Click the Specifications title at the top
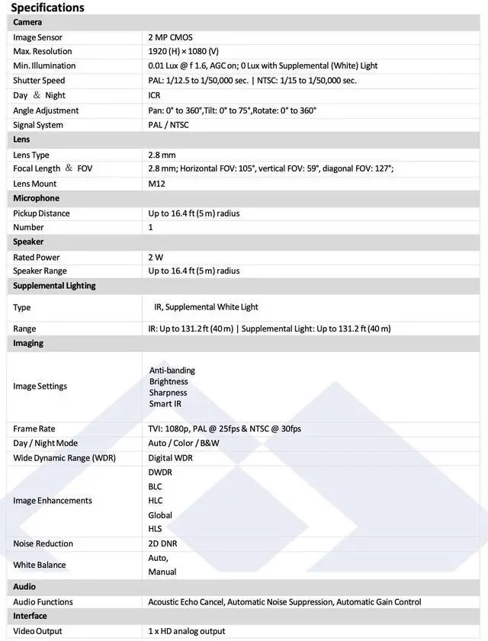(47, 8)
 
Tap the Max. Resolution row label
(43, 51)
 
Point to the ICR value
(155, 95)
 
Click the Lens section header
(21, 139)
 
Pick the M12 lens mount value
(156, 184)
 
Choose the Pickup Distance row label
(41, 213)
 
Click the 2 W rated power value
(156, 258)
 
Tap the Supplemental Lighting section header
(54, 286)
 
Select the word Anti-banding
(172, 370)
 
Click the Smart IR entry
(165, 404)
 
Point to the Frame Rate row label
(34, 429)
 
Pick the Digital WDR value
(170, 458)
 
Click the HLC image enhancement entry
(156, 501)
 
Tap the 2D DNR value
(164, 543)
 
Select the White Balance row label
(40, 565)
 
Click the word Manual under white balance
(162, 572)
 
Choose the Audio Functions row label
(43, 602)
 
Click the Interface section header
(30, 616)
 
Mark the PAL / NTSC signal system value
(169, 125)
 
